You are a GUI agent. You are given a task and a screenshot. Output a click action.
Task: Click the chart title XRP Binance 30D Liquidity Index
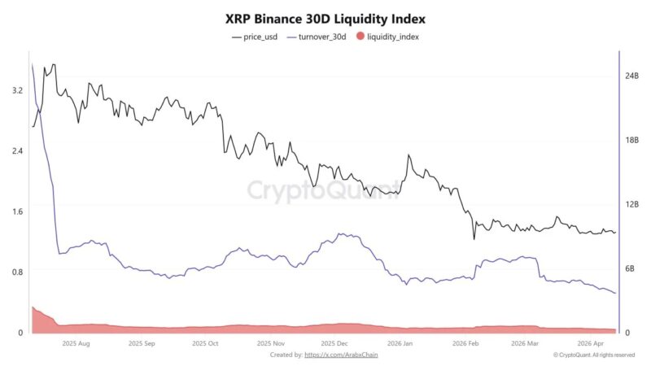click(325, 18)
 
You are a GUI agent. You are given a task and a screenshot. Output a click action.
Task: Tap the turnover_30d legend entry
click(324, 37)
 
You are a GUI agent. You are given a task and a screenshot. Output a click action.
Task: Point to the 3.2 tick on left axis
click(17, 90)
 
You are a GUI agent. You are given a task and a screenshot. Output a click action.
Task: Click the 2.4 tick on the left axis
click(17, 150)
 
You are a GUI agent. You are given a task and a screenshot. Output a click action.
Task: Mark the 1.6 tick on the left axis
click(17, 211)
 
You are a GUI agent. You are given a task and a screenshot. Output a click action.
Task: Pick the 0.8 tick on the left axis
click(17, 272)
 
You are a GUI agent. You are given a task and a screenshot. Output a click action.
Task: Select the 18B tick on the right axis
click(631, 141)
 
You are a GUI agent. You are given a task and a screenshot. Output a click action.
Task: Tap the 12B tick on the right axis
click(631, 205)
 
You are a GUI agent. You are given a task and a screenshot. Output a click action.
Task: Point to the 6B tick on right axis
click(630, 269)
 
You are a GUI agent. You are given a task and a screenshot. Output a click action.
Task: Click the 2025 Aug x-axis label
click(75, 344)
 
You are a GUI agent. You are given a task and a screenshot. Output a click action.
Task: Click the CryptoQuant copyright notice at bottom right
click(593, 355)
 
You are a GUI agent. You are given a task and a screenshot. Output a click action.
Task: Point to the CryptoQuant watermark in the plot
click(324, 190)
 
